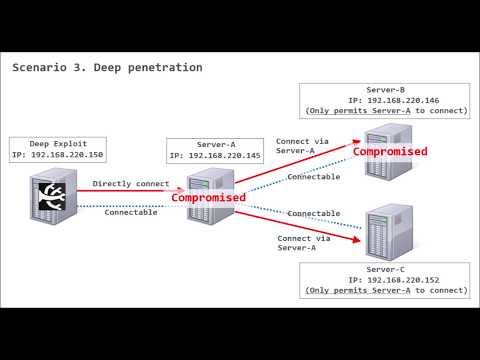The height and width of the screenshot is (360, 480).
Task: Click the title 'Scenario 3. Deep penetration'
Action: (107, 68)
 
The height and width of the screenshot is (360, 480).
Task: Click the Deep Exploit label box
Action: (57, 150)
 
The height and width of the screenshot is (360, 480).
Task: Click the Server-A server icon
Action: (206, 196)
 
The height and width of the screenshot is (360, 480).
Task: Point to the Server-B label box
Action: (385, 99)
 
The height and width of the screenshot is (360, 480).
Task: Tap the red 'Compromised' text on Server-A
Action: (208, 198)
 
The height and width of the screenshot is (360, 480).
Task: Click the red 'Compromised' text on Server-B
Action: (390, 152)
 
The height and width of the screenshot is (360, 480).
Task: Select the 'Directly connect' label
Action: (130, 184)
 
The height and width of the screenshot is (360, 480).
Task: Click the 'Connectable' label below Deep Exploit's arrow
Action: (130, 212)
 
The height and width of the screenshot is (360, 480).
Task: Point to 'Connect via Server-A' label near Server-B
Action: (302, 146)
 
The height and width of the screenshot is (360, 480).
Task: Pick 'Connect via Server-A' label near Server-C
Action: (297, 243)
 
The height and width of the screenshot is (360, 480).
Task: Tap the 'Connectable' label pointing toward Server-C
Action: (313, 213)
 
